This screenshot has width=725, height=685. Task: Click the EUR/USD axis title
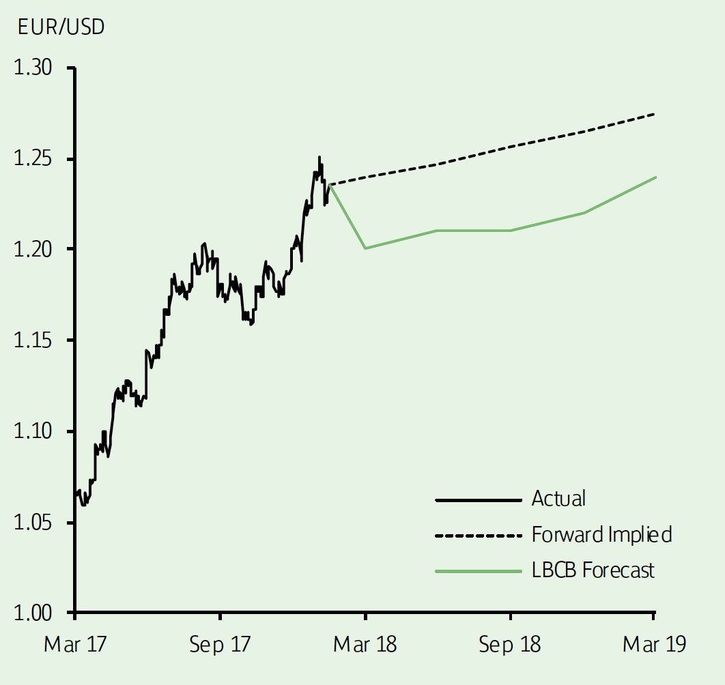[60, 28]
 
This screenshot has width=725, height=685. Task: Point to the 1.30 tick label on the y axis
[33, 68]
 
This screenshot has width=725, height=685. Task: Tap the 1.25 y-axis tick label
[33, 159]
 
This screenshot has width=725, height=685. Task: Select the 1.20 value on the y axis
[33, 249]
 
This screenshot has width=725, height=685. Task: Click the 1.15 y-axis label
[33, 340]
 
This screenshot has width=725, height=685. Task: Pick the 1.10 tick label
[33, 431]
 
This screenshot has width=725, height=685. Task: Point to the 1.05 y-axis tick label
[33, 522]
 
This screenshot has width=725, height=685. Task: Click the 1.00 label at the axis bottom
[33, 613]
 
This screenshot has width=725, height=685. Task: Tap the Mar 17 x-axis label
[75, 645]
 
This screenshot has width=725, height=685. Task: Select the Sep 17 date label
[220, 645]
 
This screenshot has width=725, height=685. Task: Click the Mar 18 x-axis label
[365, 645]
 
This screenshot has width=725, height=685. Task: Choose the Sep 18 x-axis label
[510, 645]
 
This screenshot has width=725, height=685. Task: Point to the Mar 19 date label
[654, 645]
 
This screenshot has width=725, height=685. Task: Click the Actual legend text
[558, 499]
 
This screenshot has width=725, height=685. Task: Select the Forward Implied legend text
[601, 534]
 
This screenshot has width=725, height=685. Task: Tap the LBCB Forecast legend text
[593, 570]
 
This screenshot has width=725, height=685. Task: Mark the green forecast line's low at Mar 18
[366, 248]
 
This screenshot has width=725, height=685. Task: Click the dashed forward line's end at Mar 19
[655, 114]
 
